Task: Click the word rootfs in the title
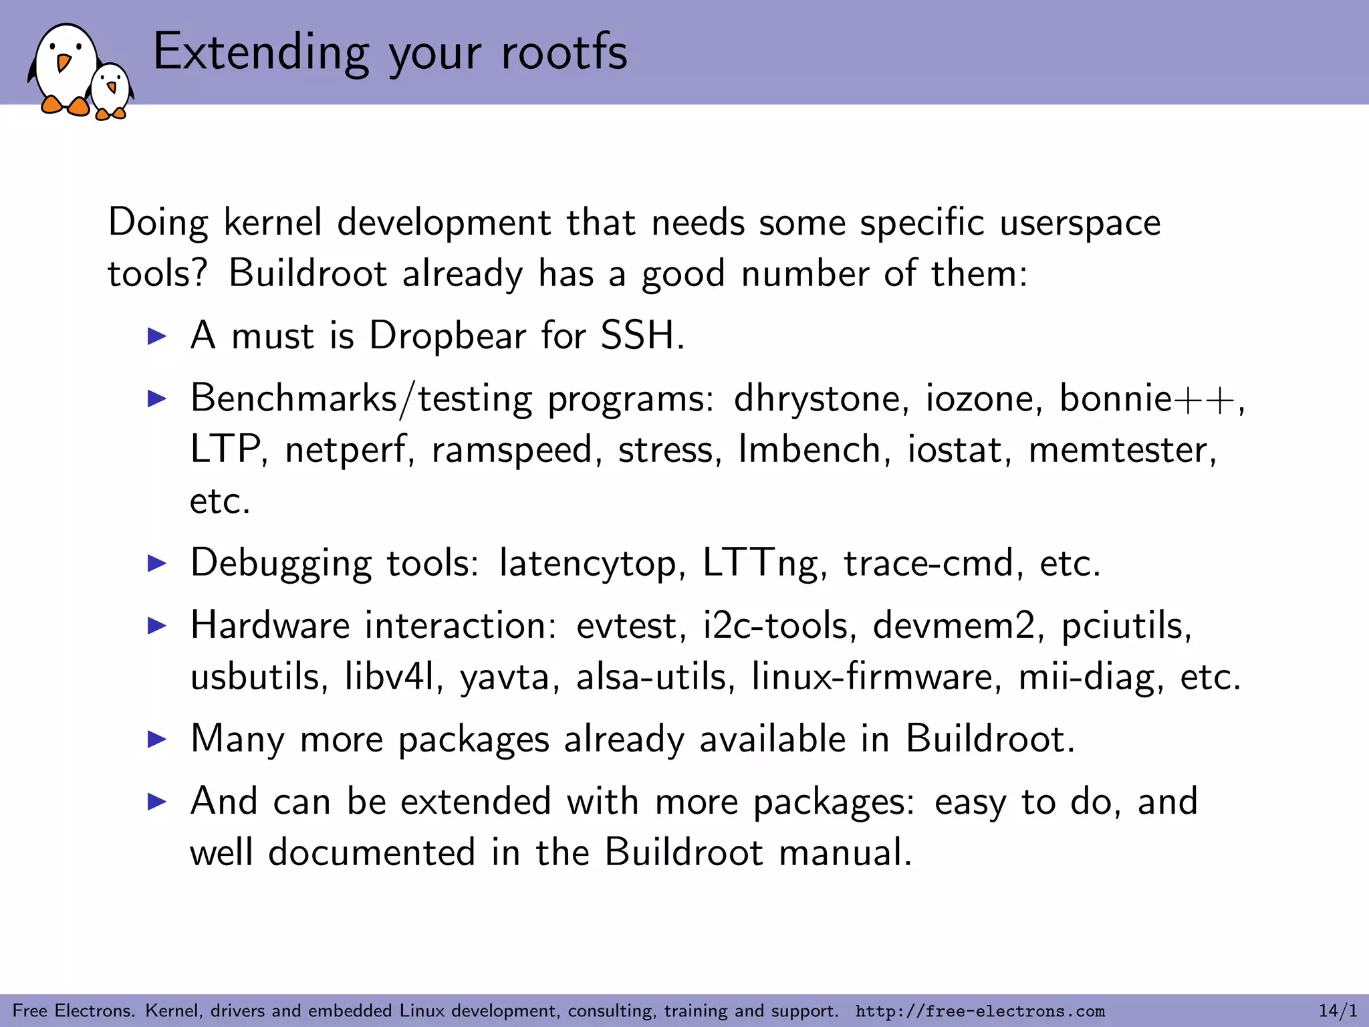[x=564, y=52]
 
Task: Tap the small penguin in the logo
[x=112, y=90]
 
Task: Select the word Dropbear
[x=447, y=335]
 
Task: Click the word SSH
[x=641, y=335]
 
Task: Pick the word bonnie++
[x=1149, y=398]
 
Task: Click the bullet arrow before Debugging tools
[x=156, y=563]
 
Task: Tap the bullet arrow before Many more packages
[x=156, y=739]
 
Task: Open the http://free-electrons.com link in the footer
[x=980, y=1011]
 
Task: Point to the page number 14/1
[x=1338, y=1010]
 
